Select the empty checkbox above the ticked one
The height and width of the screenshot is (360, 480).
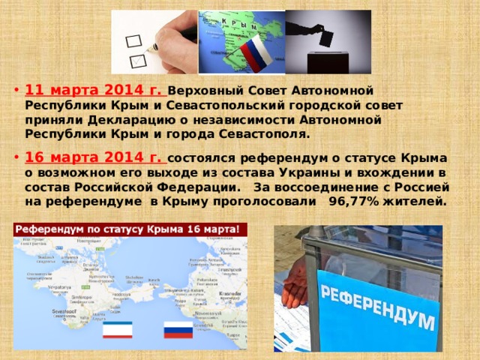pos(133,37)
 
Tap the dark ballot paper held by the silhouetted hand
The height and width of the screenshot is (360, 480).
pos(327,35)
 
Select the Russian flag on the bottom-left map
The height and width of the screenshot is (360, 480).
pos(178,331)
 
